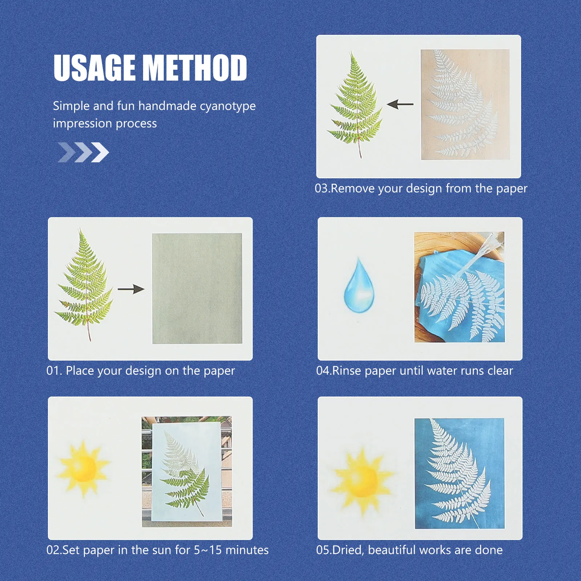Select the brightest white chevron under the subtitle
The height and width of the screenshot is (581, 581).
coord(100,152)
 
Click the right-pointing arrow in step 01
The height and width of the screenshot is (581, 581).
coord(131,289)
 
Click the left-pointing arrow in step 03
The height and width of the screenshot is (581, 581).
coord(400,105)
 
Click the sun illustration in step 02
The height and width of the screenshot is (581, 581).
coord(84,468)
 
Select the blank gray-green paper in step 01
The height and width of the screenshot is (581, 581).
coord(197,288)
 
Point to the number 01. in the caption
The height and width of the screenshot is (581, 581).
coord(54,371)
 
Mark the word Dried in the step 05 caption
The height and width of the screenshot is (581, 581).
coord(348,550)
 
